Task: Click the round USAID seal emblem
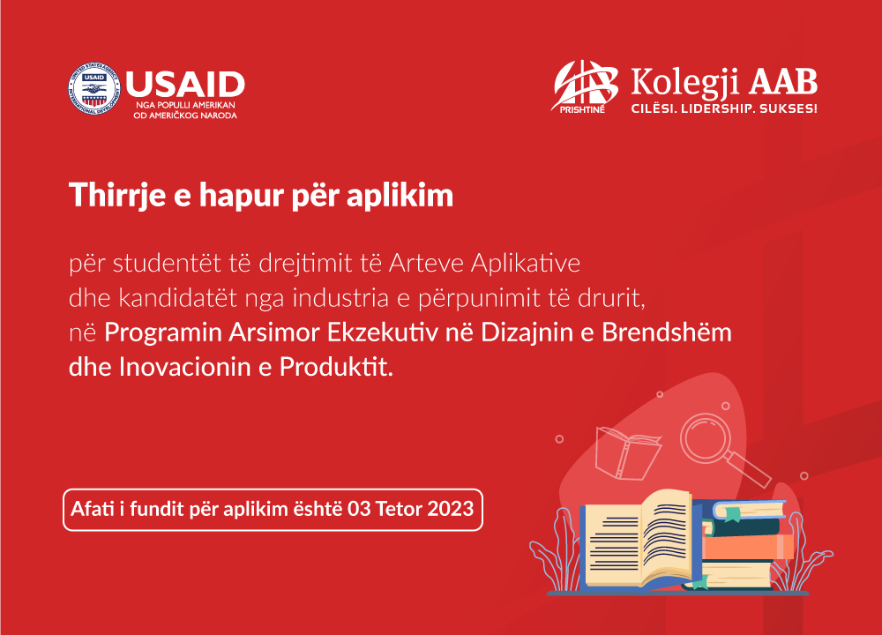point(94,89)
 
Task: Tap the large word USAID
point(185,85)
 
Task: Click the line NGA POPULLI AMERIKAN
point(185,105)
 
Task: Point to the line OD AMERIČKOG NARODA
point(185,116)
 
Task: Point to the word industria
point(340,298)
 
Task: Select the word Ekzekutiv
point(383,332)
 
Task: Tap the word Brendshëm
point(667,332)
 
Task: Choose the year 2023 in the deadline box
point(451,509)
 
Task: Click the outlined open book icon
point(628,452)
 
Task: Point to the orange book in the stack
point(748,547)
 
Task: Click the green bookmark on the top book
point(732,513)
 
